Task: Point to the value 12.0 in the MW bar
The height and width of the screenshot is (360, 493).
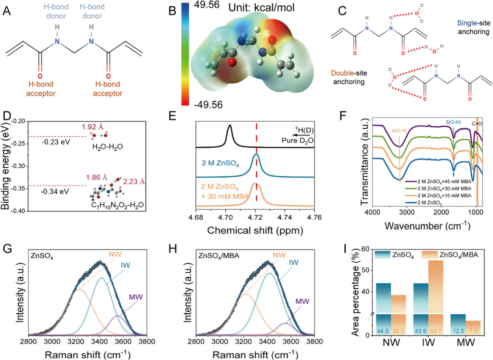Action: coord(458,332)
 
